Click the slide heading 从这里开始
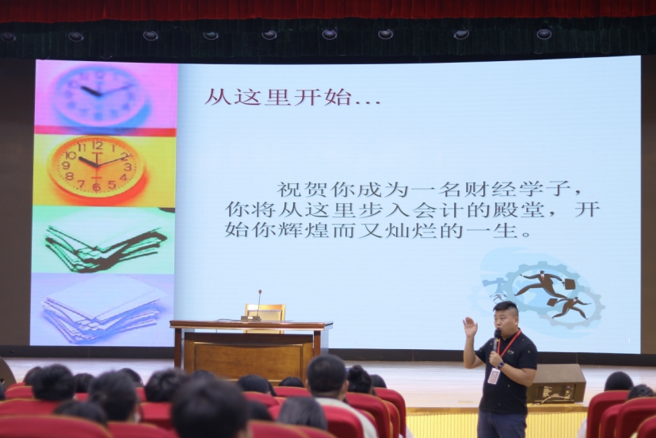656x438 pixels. click(277, 98)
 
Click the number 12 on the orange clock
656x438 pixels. click(97, 146)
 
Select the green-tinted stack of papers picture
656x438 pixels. click(104, 240)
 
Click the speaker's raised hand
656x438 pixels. click(471, 326)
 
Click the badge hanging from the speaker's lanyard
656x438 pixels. click(494, 375)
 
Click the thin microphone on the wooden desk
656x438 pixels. click(259, 304)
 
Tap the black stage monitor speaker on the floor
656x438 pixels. click(555, 383)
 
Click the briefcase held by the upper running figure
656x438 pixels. click(569, 284)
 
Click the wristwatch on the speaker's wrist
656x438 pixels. click(502, 365)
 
